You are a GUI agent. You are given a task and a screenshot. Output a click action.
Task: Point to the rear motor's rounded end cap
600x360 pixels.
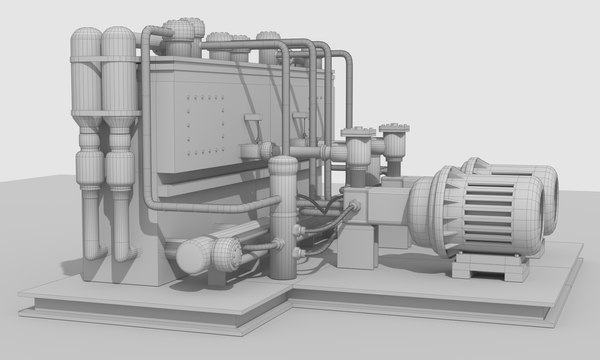click(548, 196)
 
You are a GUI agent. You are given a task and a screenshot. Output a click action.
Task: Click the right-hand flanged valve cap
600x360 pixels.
click(394, 130)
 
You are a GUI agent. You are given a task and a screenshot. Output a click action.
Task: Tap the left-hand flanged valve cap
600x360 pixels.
click(357, 133)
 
